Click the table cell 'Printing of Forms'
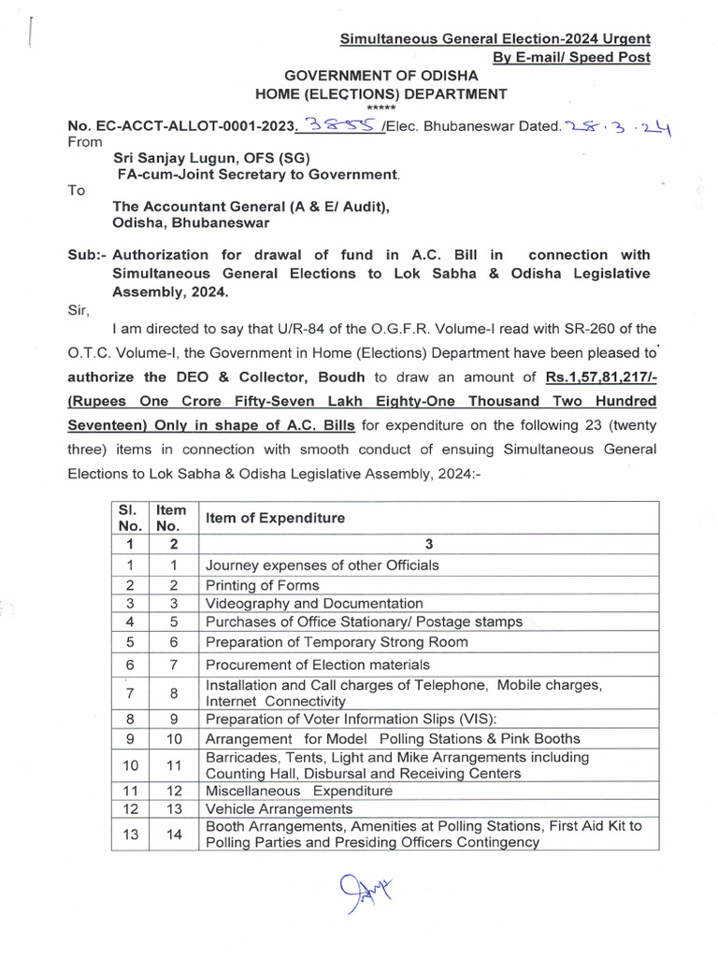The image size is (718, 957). tap(262, 585)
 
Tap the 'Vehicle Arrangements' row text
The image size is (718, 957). tap(279, 809)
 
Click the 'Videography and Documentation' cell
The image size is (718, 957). tap(313, 604)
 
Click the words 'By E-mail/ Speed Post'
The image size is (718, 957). tap(571, 57)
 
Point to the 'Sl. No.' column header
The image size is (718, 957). tap(130, 518)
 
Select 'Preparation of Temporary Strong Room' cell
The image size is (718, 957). tap(337, 642)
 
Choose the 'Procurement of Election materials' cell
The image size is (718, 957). tap(317, 664)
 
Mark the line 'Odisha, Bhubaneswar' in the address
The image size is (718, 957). tap(191, 223)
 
